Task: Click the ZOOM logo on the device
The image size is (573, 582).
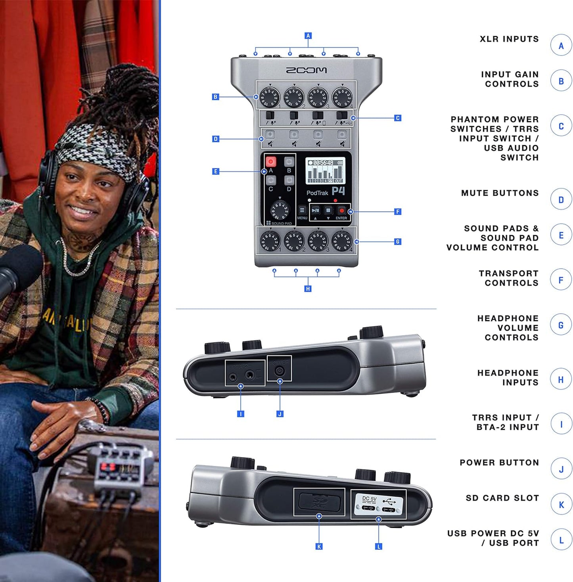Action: (x=306, y=70)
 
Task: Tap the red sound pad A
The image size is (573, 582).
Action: (x=270, y=161)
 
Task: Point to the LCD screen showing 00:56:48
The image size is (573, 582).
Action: (x=325, y=171)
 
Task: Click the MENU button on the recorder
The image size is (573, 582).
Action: (x=302, y=210)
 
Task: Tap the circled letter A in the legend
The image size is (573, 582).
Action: (x=561, y=46)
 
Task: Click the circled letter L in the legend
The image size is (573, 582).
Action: (x=561, y=540)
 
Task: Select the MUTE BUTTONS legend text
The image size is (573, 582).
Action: (x=500, y=193)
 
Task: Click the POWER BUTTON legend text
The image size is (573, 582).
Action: (x=499, y=463)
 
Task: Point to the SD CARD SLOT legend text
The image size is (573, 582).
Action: (x=502, y=498)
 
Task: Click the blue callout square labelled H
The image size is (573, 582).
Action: (x=308, y=289)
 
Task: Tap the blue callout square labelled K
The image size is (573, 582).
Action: (x=319, y=546)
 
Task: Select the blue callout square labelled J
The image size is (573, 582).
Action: (x=280, y=414)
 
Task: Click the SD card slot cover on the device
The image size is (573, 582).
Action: (x=319, y=502)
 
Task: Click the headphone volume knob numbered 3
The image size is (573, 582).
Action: (x=318, y=241)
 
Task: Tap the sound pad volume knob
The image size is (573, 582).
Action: (x=280, y=210)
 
